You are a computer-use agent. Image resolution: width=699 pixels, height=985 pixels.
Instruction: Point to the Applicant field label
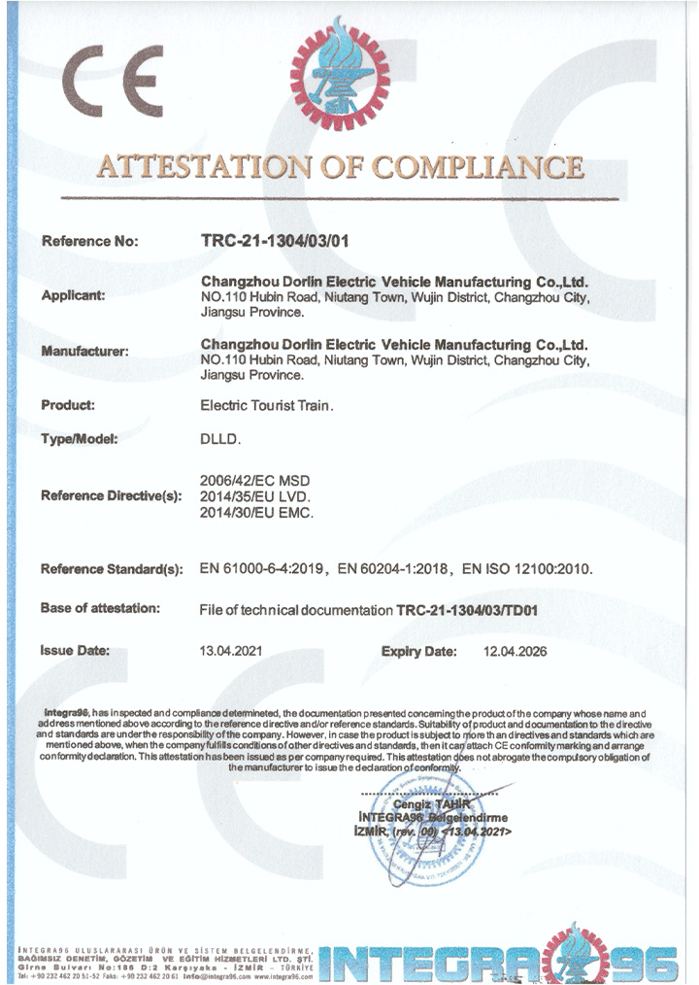(x=74, y=296)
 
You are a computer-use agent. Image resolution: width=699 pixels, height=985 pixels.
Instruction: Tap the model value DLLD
(x=219, y=439)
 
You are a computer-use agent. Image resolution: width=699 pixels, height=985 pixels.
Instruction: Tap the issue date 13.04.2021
(x=230, y=651)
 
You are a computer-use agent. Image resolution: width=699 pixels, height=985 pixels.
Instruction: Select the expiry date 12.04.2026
(x=515, y=651)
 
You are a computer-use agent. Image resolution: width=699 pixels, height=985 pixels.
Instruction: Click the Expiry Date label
(x=418, y=651)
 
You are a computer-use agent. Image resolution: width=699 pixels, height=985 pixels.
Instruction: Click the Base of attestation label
(x=100, y=608)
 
